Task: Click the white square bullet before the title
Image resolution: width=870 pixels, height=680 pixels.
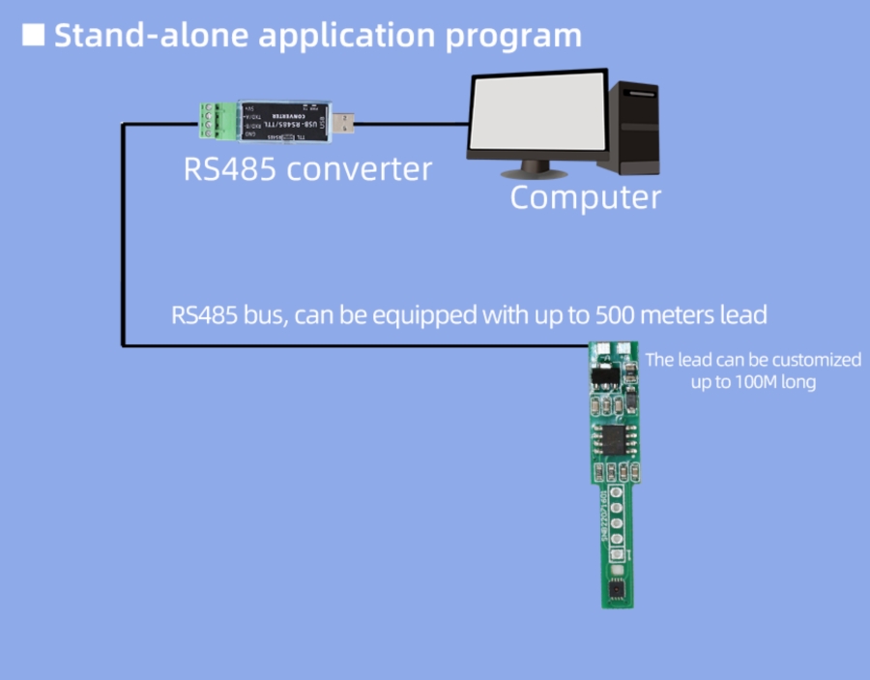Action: (34, 35)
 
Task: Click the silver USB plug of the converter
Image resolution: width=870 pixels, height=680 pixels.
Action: (345, 124)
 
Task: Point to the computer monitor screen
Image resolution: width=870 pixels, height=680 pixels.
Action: (536, 114)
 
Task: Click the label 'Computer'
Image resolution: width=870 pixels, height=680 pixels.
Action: (585, 197)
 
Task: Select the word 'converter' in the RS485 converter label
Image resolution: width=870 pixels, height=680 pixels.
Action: (360, 169)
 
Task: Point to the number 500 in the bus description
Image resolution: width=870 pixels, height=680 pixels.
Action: (615, 315)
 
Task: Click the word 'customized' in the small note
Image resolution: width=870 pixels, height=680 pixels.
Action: (816, 360)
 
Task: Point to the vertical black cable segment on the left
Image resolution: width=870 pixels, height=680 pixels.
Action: (123, 232)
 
